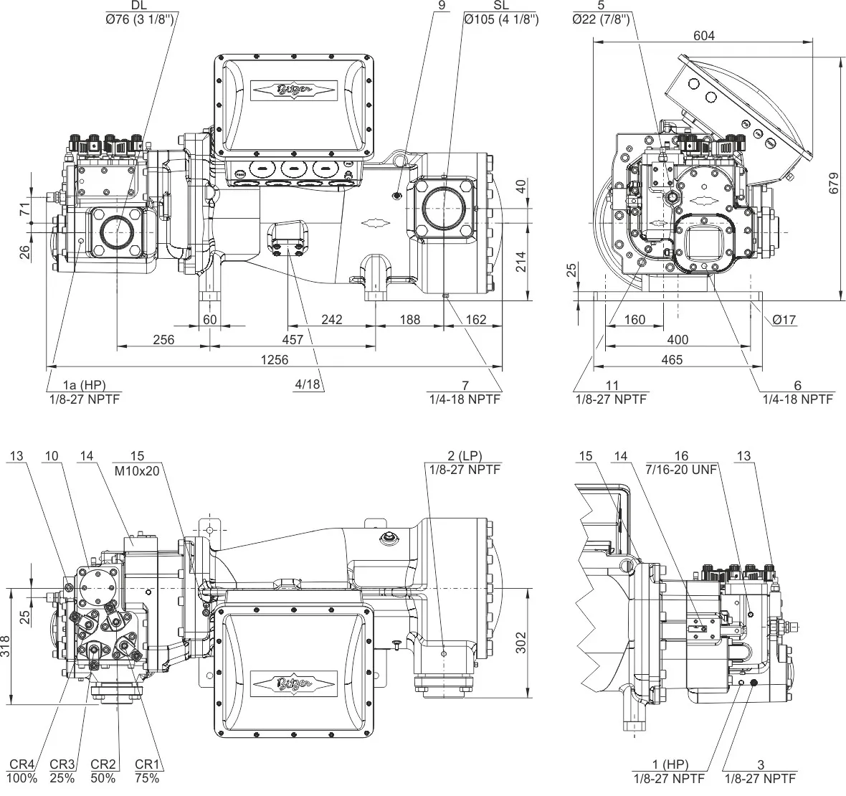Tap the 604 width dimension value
point(704,35)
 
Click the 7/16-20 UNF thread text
point(681,469)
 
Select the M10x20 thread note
point(138,469)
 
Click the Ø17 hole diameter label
point(785,320)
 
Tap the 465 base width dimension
point(672,359)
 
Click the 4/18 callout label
point(307,384)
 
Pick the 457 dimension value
point(293,339)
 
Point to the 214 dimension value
point(521,262)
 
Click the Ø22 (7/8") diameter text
point(601,19)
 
